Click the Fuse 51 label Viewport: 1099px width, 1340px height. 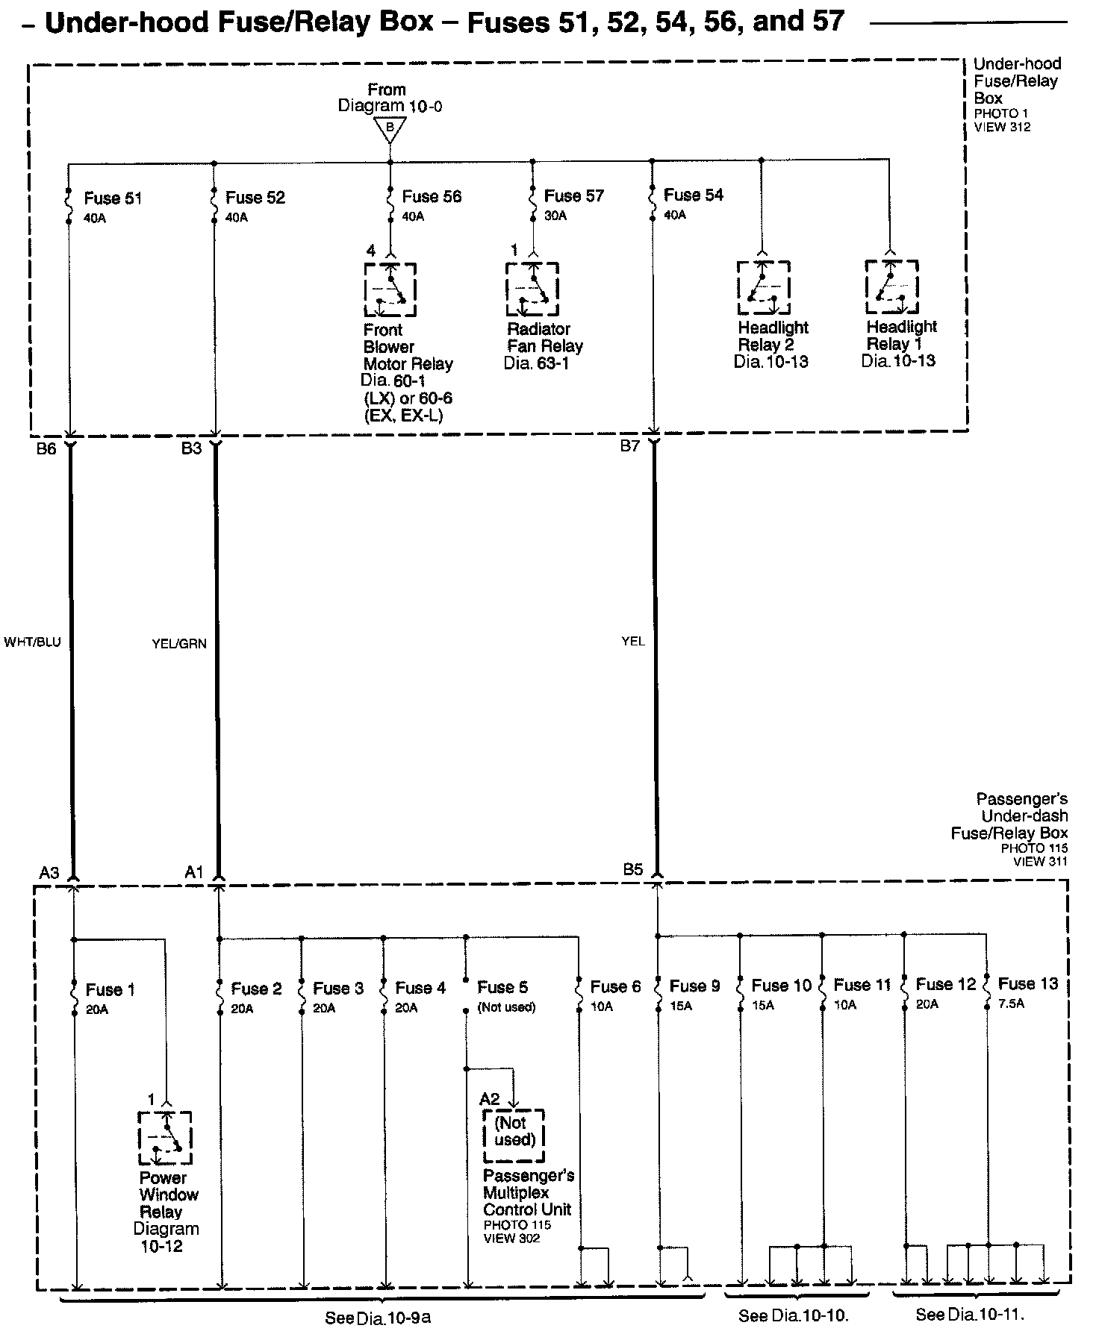pos(113,198)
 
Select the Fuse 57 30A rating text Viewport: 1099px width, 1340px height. pos(555,216)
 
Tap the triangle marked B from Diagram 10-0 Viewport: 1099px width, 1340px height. pos(390,130)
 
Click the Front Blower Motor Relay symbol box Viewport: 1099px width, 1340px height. pos(390,289)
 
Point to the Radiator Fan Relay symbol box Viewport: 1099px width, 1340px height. pos(532,289)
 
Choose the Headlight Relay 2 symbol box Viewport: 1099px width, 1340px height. pos(763,288)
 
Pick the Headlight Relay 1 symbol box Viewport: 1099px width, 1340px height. pos(891,287)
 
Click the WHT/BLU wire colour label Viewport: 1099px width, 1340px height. pos(32,642)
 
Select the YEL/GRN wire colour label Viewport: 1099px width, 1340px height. pos(179,644)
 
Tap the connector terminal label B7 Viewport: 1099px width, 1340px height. pos(630,447)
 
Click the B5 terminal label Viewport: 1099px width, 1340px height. pos(633,869)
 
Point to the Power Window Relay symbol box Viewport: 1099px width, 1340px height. pos(165,1138)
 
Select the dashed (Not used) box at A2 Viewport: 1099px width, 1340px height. pos(514,1135)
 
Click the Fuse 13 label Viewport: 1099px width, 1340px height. pos(1028,984)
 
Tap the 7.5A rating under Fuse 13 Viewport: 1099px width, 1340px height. pos(1011,1004)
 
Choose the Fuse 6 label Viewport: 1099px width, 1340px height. pos(615,987)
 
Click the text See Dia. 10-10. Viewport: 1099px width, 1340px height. pos(794,1316)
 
